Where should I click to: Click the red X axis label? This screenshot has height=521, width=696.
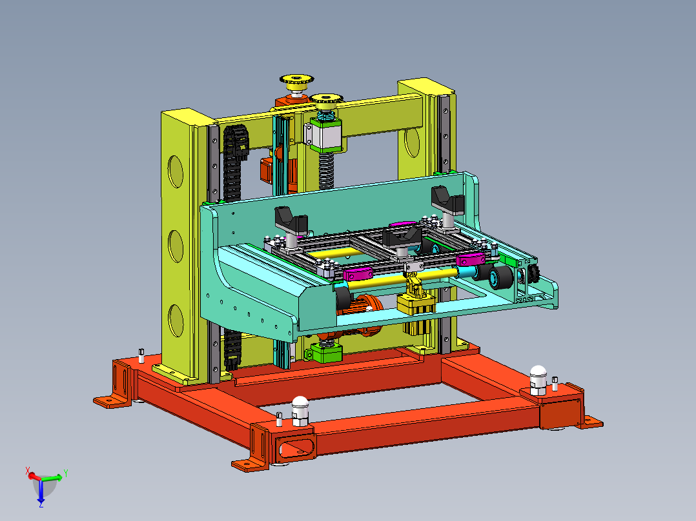28,471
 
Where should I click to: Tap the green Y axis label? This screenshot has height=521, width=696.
65,473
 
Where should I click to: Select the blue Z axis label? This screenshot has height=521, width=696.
41,504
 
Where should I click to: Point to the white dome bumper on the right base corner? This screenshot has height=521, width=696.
538,380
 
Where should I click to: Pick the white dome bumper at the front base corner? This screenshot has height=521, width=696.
300,411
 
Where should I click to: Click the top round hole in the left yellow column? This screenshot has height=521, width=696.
176,171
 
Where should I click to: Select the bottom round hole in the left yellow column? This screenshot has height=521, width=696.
176,320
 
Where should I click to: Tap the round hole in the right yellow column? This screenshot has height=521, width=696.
413,142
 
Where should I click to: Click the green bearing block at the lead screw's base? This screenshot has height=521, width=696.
326,353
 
